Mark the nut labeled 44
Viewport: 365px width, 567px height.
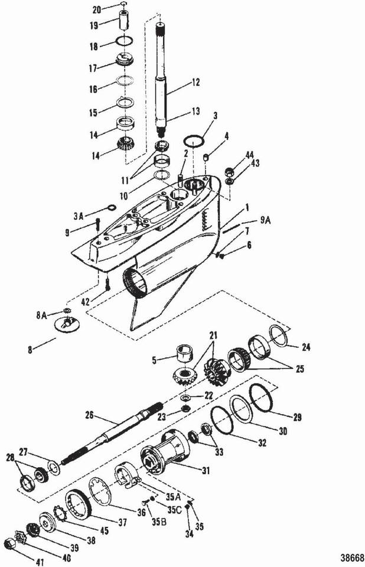232,172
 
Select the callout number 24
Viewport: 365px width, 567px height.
307,348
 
